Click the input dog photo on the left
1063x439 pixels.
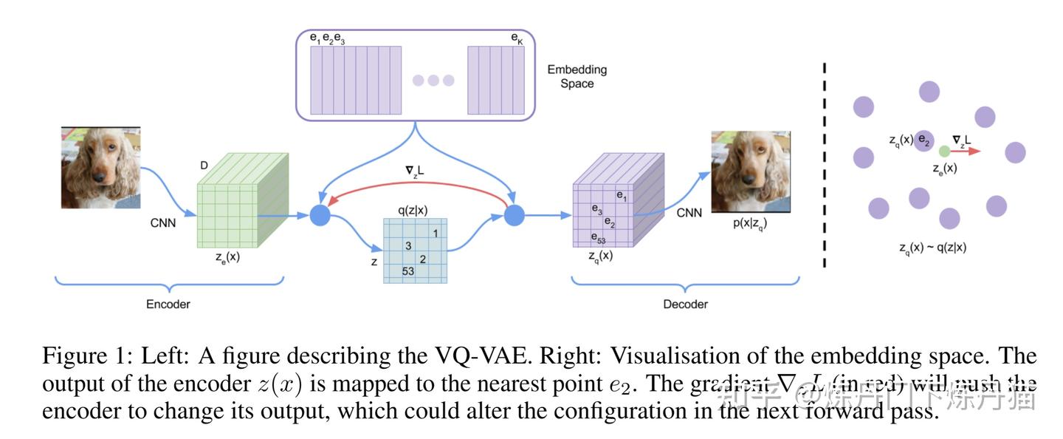[x=100, y=168]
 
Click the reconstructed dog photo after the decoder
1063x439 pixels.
[x=751, y=172]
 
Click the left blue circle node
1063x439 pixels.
[x=320, y=216]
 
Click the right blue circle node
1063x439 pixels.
[x=514, y=216]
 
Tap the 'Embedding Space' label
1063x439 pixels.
[x=577, y=76]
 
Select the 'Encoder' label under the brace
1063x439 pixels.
[x=168, y=304]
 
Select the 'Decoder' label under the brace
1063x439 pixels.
[x=686, y=304]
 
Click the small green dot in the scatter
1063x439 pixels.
[x=943, y=151]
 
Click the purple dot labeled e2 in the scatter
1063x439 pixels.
[x=923, y=140]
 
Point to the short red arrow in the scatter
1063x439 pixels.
[x=965, y=151]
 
